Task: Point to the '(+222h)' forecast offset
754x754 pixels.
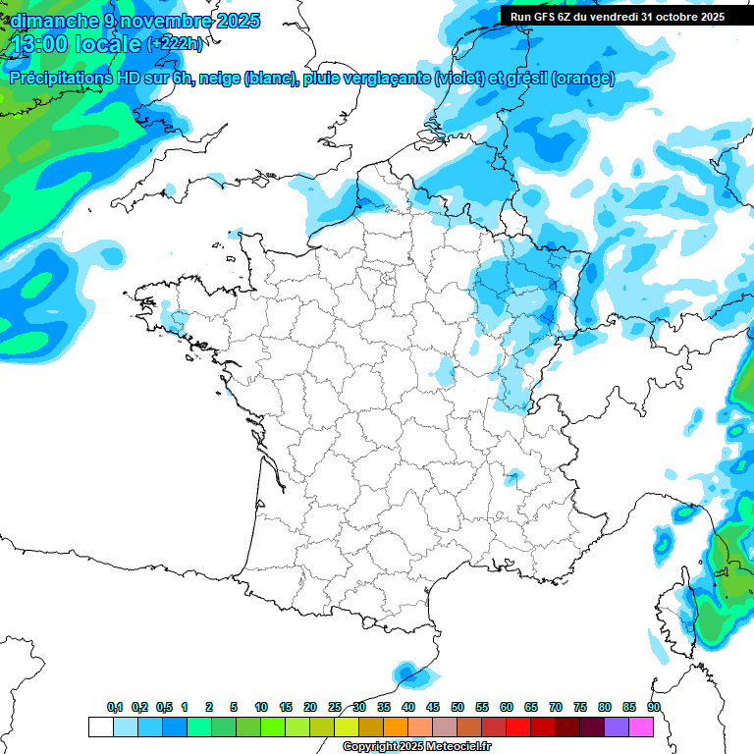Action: click(x=175, y=44)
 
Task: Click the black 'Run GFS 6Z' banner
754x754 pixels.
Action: click(x=617, y=16)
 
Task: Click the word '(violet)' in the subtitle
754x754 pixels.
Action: click(x=458, y=79)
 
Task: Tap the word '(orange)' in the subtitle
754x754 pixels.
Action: click(x=583, y=79)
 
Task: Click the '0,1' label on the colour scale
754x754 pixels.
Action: click(x=115, y=707)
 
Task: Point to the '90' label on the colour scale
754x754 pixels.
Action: click(x=654, y=707)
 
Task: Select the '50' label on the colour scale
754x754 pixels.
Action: click(x=458, y=707)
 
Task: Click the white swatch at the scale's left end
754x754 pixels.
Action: click(x=100, y=727)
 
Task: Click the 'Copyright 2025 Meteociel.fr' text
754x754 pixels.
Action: click(x=416, y=746)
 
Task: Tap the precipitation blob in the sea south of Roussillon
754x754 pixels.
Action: click(x=405, y=673)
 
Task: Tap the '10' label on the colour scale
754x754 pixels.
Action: click(x=261, y=707)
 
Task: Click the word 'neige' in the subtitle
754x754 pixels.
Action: click(x=220, y=79)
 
